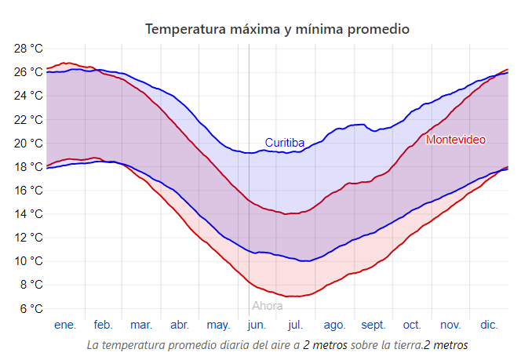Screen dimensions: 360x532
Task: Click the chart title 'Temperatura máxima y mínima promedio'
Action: click(x=277, y=29)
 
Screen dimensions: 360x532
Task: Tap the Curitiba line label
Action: click(x=284, y=143)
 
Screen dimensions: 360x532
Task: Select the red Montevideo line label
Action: click(x=455, y=140)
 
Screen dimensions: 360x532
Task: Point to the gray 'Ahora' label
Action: click(x=267, y=306)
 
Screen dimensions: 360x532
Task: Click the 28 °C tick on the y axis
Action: click(x=29, y=49)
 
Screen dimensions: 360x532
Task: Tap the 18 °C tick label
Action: click(x=29, y=166)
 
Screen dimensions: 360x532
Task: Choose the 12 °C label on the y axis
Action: click(x=29, y=238)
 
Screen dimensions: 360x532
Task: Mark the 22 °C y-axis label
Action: click(x=29, y=119)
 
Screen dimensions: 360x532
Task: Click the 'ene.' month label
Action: click(x=65, y=325)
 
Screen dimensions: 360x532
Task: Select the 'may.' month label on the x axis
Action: click(x=218, y=325)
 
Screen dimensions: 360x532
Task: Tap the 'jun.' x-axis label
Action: click(x=257, y=325)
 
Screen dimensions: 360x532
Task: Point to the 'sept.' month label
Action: click(x=373, y=325)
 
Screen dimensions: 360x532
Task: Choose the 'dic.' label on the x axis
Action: click(x=489, y=325)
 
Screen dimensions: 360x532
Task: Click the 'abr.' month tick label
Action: click(x=180, y=325)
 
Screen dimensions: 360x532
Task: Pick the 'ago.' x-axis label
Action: click(x=334, y=325)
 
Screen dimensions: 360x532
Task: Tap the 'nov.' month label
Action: click(x=450, y=325)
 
